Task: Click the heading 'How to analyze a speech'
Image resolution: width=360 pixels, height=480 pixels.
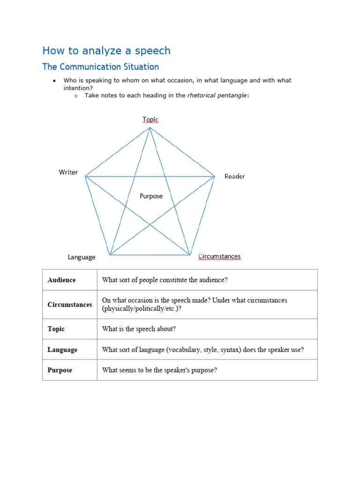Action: [x=106, y=51]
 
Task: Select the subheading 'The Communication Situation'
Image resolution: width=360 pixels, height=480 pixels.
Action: [x=100, y=67]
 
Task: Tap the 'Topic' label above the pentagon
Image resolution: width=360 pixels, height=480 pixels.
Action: [x=150, y=120]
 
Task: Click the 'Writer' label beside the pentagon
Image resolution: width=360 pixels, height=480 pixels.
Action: [x=68, y=172]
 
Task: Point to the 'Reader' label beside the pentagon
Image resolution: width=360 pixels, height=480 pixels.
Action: [x=234, y=176]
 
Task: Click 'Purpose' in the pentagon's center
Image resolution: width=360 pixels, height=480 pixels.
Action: [x=151, y=196]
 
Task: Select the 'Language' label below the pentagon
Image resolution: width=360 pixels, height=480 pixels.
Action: [x=82, y=257]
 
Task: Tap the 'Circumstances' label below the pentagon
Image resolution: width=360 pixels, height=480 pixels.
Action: [x=219, y=256]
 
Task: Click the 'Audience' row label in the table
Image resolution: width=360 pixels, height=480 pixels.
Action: [x=61, y=280]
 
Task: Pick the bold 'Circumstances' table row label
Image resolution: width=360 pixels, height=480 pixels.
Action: [x=70, y=305]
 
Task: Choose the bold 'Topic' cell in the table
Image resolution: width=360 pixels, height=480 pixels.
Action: [x=56, y=329]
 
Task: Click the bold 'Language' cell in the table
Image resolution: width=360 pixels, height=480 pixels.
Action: [x=62, y=350]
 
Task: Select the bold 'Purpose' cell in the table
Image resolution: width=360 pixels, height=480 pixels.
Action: [x=60, y=370]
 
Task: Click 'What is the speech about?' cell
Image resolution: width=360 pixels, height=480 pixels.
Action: [x=139, y=329]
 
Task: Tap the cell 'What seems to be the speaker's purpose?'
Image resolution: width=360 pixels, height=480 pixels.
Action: [x=159, y=370]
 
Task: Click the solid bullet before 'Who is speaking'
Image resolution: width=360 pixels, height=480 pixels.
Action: [x=54, y=81]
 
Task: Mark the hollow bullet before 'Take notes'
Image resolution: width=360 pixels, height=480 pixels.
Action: [x=75, y=96]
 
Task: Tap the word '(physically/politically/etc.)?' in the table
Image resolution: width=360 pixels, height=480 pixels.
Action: [x=142, y=309]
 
